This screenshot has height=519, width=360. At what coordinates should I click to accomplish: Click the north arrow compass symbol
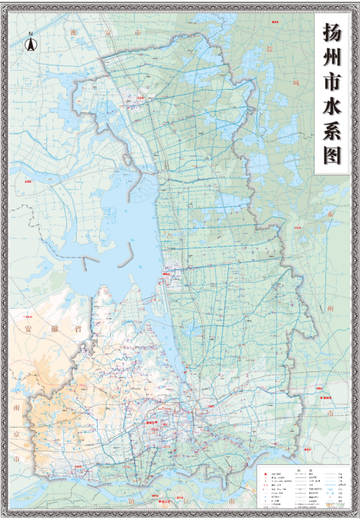click(30, 44)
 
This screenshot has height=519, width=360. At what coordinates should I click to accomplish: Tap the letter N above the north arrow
click(30, 34)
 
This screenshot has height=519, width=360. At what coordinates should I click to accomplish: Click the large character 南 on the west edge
click(16, 408)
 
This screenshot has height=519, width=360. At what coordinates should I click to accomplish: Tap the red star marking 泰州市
click(321, 398)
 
